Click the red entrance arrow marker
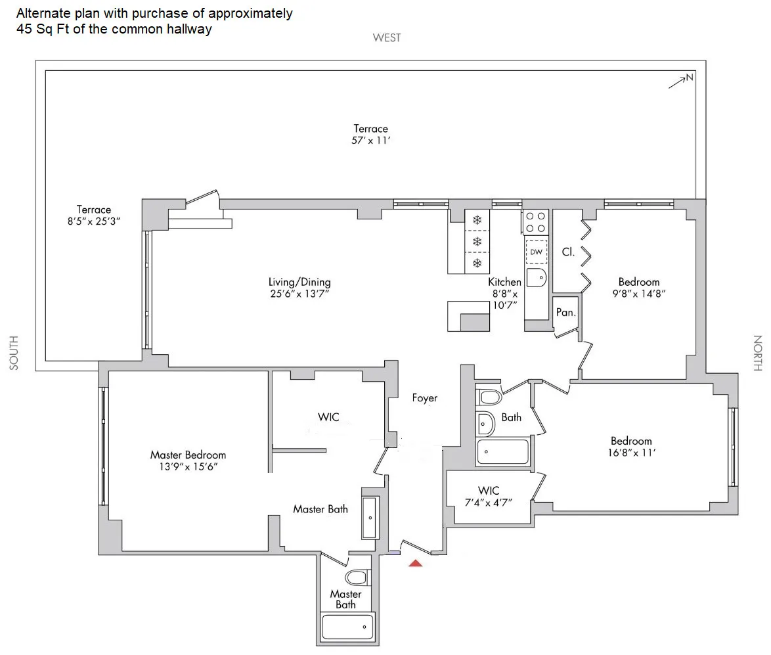click(x=416, y=562)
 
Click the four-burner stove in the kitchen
click(x=536, y=221)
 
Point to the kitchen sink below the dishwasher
click(x=536, y=278)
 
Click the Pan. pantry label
click(x=565, y=313)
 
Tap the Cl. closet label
click(x=568, y=252)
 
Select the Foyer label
click(x=424, y=397)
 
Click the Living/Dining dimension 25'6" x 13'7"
click(x=299, y=294)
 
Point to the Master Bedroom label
click(x=188, y=455)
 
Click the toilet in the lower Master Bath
click(x=357, y=577)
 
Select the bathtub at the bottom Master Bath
click(x=347, y=627)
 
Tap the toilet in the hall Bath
click(x=489, y=397)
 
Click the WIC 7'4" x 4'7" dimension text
click(x=489, y=502)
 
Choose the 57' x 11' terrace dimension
click(x=370, y=141)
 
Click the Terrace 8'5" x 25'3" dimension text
click(x=93, y=221)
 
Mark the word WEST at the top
click(x=386, y=37)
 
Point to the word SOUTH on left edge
click(x=14, y=353)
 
